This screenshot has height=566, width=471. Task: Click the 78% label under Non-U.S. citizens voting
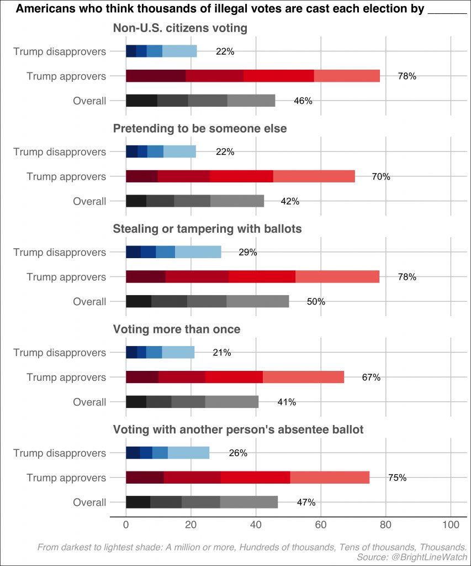pyautogui.click(x=407, y=77)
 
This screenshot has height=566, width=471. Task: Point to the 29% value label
pyautogui.click(x=248, y=253)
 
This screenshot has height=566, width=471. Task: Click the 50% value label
pyautogui.click(x=316, y=302)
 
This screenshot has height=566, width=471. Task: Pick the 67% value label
pyautogui.click(x=371, y=378)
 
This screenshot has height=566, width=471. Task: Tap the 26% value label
pyautogui.click(x=238, y=453)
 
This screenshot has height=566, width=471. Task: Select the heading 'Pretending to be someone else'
pyautogui.click(x=200, y=129)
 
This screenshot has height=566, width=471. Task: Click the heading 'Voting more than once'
pyautogui.click(x=177, y=329)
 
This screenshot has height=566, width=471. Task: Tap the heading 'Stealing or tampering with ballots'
pyautogui.click(x=208, y=229)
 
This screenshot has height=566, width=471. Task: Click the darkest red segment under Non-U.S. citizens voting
pyautogui.click(x=156, y=76)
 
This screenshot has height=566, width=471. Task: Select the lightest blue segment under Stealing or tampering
pyautogui.click(x=198, y=252)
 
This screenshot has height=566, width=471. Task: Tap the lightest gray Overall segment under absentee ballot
pyautogui.click(x=249, y=502)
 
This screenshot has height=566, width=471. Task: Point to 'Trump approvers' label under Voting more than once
pyautogui.click(x=66, y=378)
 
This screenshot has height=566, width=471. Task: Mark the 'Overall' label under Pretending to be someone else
pyautogui.click(x=89, y=201)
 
